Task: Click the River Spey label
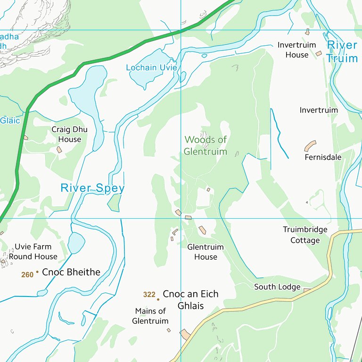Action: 92,188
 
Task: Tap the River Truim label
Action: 342,51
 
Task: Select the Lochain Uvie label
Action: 151,67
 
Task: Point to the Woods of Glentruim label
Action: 206,146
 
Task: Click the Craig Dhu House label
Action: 70,134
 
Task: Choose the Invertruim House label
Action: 293,49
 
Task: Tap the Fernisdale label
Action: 323,157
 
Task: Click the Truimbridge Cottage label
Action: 305,235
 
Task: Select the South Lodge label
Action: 277,287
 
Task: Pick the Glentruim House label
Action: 206,252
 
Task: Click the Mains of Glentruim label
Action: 150,316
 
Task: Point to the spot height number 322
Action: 149,295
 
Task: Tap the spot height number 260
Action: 27,274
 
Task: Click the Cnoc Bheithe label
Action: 71,272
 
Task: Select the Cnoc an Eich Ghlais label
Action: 190,300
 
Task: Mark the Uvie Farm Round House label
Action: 33,251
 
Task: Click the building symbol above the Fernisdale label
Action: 310,146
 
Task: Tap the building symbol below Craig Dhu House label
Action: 59,149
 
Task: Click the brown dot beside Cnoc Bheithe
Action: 37,272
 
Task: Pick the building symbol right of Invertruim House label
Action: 319,54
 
